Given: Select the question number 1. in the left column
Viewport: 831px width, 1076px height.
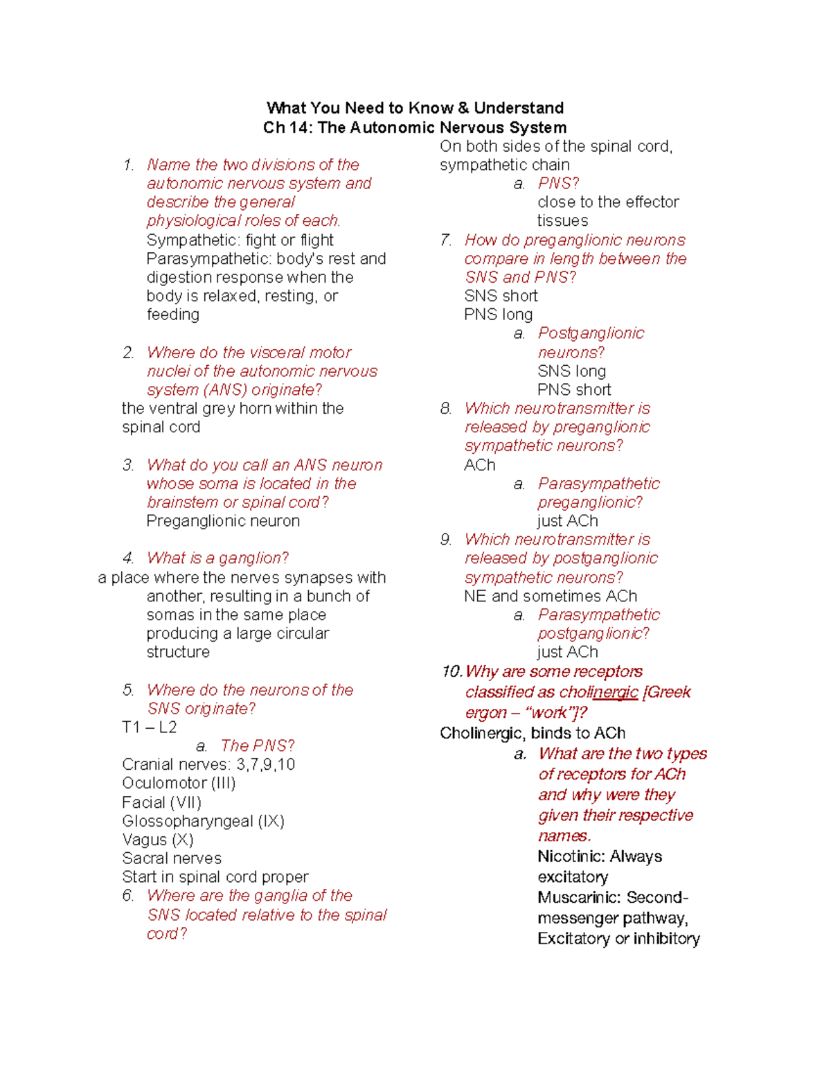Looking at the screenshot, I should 128,165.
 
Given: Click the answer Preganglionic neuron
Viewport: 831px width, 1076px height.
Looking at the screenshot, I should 223,521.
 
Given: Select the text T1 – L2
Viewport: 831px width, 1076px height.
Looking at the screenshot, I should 150,727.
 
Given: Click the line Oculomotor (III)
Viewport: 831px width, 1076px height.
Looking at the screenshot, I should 179,783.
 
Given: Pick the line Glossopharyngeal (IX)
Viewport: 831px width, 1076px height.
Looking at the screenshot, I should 203,821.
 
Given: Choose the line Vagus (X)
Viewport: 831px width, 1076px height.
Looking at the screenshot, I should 158,840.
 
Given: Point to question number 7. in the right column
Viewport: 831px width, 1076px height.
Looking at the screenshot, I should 446,240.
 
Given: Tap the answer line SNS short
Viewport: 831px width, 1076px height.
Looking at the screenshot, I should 501,296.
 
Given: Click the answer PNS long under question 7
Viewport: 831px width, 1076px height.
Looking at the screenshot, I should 498,315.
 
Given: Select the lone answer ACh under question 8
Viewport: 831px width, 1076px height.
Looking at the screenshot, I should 480,465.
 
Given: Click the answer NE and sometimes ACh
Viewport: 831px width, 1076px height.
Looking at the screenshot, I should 551,596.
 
